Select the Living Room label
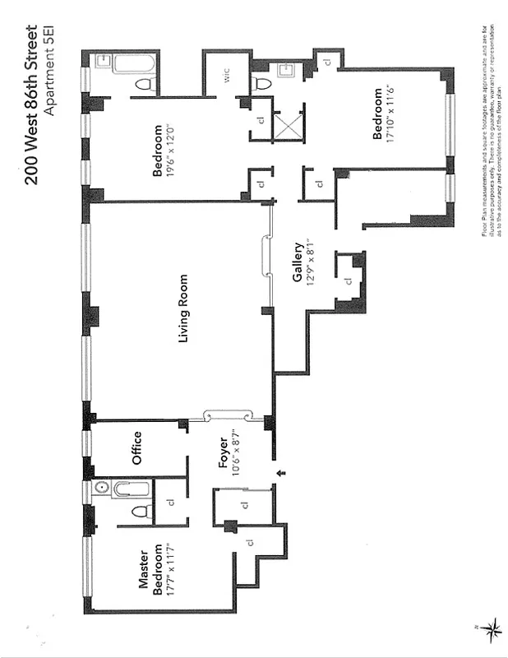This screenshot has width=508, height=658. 185,309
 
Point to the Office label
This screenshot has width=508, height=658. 136,448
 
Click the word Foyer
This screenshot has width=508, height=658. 222,452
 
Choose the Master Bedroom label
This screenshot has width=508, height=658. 148,571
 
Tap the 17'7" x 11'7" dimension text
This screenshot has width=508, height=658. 169,571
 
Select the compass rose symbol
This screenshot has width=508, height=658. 492,632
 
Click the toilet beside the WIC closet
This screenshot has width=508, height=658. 262,82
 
